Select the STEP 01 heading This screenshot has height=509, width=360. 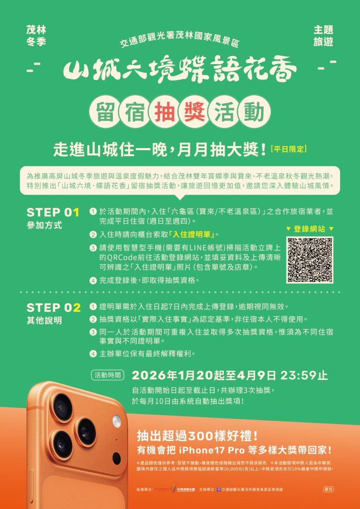click(53, 213)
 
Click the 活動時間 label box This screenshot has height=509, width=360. click(108, 375)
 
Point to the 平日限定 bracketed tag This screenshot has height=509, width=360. click(290, 149)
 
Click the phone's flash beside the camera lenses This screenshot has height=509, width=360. click(117, 422)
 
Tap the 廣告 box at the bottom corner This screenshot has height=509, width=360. click(328, 490)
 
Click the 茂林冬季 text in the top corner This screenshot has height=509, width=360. click(36, 36)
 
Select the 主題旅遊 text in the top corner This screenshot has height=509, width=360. click(323, 36)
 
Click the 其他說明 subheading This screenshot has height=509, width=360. click(44, 321)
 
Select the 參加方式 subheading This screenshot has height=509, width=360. click(44, 225)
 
